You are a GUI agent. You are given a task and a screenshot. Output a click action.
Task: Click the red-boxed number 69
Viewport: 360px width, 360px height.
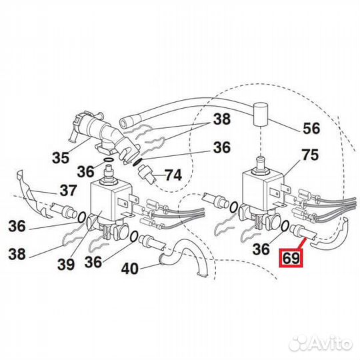[291, 258]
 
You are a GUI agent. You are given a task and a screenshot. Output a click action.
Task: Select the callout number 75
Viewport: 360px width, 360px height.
[311, 155]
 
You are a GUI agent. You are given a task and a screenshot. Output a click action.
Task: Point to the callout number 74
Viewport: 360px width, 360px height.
[173, 175]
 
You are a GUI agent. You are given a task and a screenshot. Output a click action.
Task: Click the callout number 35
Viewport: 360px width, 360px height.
[61, 157]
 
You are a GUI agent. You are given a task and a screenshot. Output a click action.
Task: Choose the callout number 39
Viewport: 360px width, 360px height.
[66, 264]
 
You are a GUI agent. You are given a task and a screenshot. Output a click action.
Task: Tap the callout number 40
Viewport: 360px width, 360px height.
[130, 269]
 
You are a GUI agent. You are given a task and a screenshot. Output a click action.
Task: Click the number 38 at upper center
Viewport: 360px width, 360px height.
[222, 119]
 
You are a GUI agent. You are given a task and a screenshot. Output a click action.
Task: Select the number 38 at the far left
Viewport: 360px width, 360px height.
[17, 254]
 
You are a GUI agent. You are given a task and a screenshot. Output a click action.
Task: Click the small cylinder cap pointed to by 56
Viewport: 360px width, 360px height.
[261, 114]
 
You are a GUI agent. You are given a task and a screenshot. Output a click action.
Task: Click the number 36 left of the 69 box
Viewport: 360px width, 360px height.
[261, 249]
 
